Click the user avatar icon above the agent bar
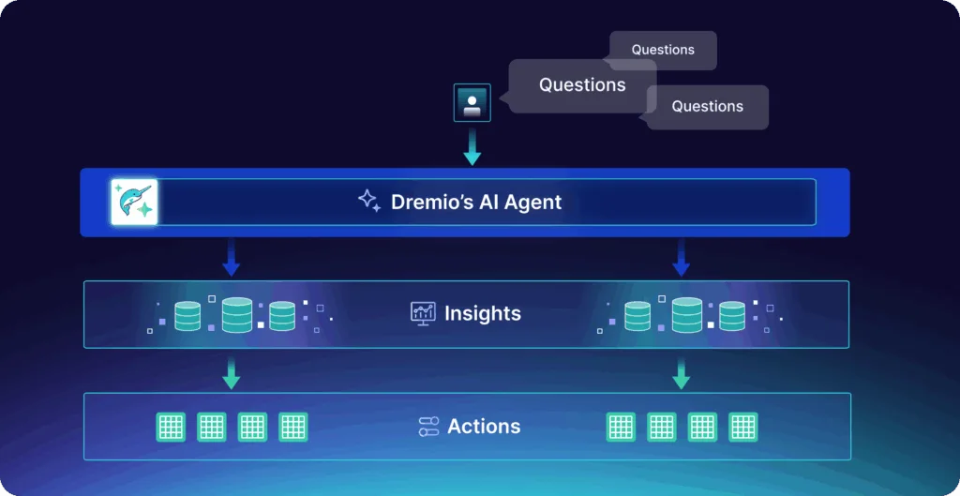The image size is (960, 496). click(472, 102)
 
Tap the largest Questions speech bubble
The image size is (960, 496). click(581, 85)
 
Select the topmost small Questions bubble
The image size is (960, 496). click(663, 50)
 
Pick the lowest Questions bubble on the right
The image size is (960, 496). click(707, 107)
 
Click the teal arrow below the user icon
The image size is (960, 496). click(472, 148)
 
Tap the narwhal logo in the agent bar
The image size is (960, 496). click(134, 202)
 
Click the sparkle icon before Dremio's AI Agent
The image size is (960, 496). click(368, 201)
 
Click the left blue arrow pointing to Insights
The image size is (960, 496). click(232, 257)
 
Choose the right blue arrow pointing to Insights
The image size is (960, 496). click(682, 257)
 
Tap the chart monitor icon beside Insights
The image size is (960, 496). click(423, 313)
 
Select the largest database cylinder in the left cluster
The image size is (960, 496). click(236, 314)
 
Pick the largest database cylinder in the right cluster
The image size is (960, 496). click(686, 314)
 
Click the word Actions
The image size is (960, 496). click(484, 427)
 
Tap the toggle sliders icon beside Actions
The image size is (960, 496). click(428, 427)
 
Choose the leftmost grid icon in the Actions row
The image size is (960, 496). click(170, 427)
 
